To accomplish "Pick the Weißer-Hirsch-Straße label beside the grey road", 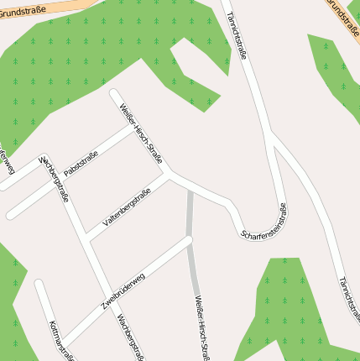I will (202, 327).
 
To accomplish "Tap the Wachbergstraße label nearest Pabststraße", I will (55, 178).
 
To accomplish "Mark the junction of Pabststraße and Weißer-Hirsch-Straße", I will (134, 126).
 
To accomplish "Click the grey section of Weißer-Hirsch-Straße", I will (191, 243).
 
